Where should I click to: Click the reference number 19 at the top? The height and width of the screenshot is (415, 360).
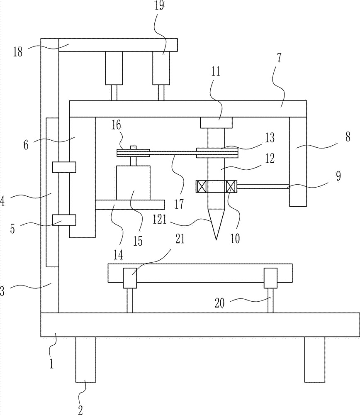(x=160, y=5)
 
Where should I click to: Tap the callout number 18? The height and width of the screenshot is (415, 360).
(x=18, y=52)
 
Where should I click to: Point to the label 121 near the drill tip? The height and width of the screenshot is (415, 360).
(x=160, y=220)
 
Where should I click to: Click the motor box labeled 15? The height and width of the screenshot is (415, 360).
(x=133, y=183)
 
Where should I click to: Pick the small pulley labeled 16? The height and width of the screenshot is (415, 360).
(x=133, y=153)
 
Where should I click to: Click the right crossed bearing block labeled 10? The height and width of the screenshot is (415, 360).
(x=231, y=187)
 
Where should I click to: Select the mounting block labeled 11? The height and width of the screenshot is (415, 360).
(x=216, y=122)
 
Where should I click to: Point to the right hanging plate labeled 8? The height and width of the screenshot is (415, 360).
(x=298, y=161)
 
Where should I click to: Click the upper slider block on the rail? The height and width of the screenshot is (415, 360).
(x=64, y=167)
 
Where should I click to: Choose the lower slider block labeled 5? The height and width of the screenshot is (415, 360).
(x=64, y=220)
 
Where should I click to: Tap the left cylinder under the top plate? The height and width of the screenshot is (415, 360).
(x=114, y=68)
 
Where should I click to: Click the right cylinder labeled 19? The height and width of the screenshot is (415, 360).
(x=161, y=68)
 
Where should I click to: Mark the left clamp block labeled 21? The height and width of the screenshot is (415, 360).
(x=130, y=278)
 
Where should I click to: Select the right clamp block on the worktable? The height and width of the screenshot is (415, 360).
(x=270, y=278)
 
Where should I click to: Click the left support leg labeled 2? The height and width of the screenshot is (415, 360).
(x=86, y=359)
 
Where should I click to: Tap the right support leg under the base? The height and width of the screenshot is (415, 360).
(x=315, y=359)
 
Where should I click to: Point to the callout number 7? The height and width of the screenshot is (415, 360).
(x=280, y=57)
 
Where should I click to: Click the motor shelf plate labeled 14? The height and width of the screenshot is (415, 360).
(x=130, y=205)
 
